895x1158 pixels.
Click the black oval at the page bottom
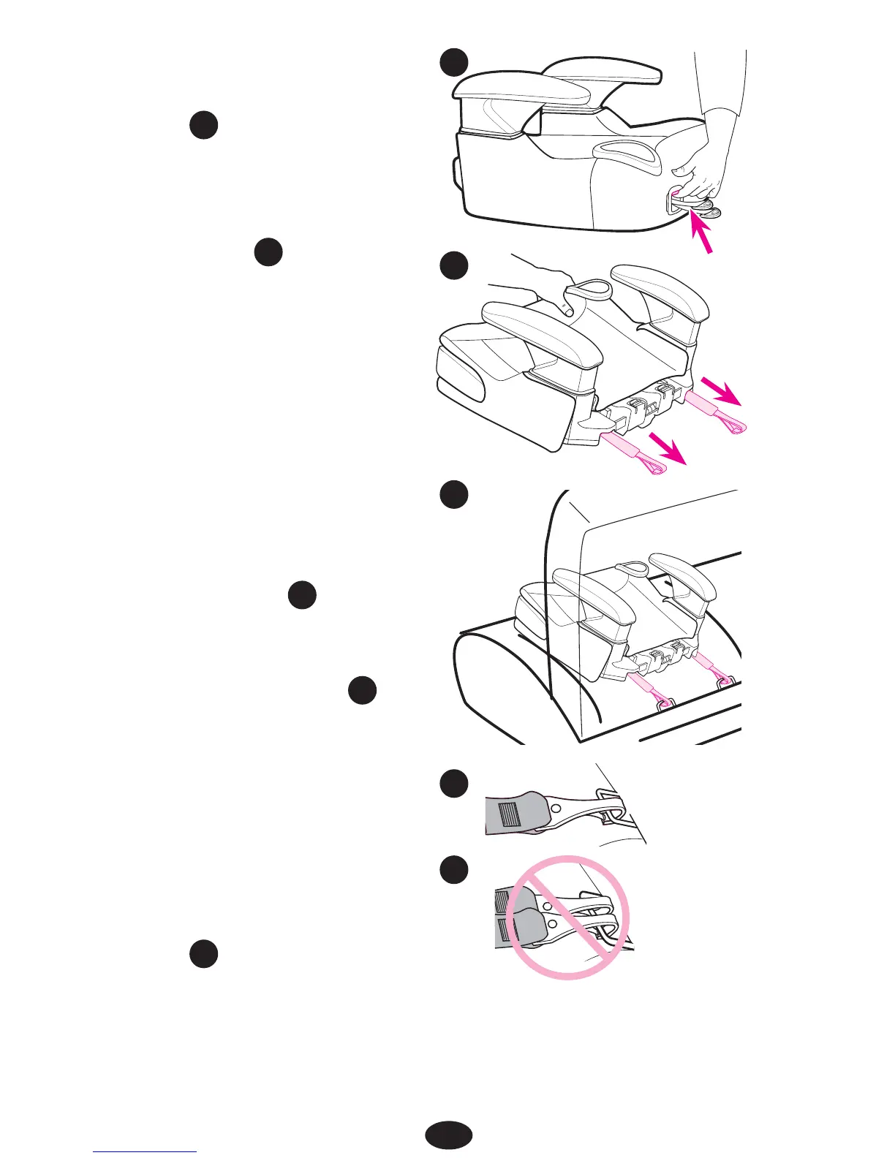tap(448, 1135)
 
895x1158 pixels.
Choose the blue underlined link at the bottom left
tap(145, 1151)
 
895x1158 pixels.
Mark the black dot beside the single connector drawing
tap(453, 784)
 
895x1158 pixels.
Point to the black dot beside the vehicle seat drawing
tap(453, 495)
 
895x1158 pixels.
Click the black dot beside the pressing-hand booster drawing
tap(453, 265)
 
